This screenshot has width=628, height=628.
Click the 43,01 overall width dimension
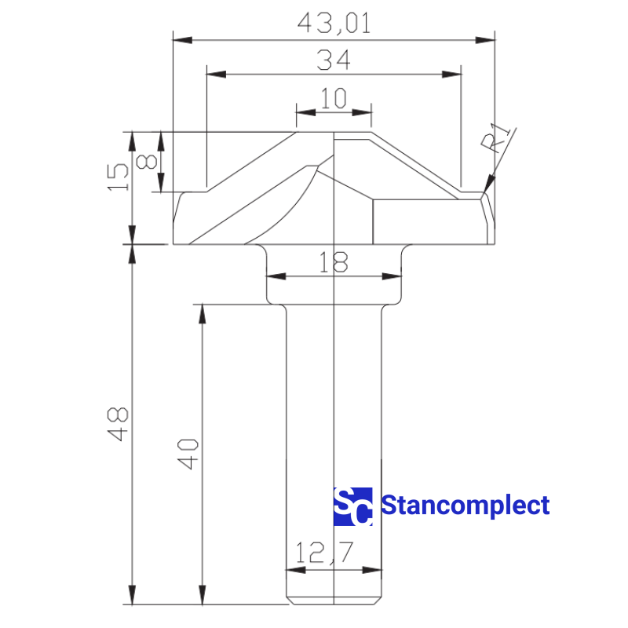334,24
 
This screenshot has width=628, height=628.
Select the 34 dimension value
333,60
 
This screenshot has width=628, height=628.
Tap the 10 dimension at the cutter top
334,98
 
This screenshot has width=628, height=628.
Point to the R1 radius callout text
495,138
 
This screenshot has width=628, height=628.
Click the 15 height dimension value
119,177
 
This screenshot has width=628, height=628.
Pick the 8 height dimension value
146,162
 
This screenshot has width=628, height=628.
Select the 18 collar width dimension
333,262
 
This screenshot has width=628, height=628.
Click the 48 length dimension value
119,424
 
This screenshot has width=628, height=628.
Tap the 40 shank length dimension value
188,455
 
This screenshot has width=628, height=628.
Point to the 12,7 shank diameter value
324,553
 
